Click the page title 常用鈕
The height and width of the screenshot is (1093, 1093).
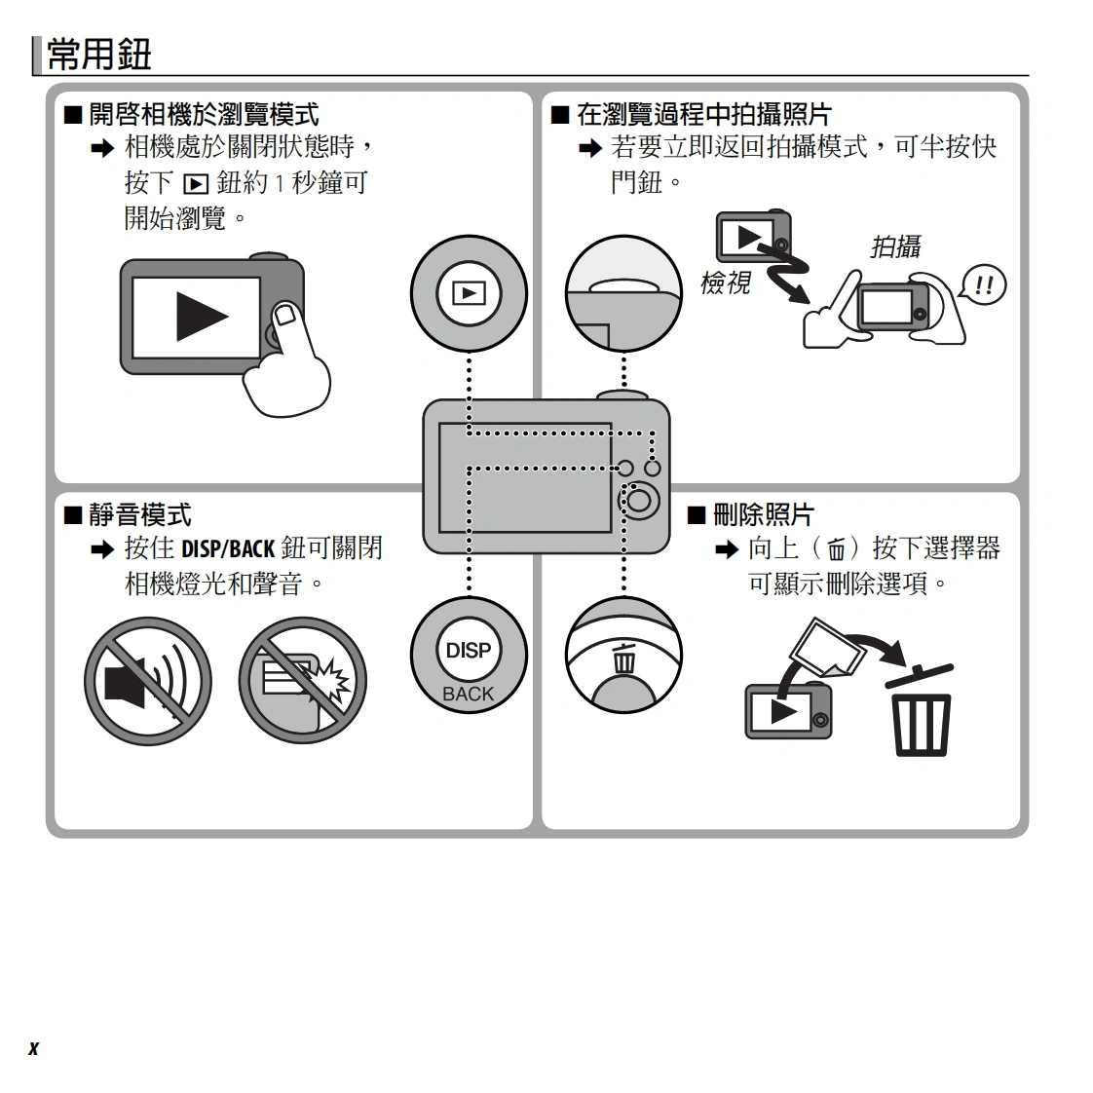[x=99, y=55]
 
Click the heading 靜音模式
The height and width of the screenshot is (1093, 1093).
[x=140, y=515]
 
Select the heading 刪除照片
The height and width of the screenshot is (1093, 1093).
[x=764, y=515]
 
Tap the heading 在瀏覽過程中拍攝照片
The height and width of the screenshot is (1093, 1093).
[x=704, y=114]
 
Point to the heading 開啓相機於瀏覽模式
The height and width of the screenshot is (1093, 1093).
[x=204, y=114]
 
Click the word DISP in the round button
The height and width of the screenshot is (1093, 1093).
[x=469, y=651]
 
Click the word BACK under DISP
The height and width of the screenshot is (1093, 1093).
[x=469, y=695]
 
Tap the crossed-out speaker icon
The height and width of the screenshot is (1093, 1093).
[x=148, y=680]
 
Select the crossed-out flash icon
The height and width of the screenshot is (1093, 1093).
[x=303, y=680]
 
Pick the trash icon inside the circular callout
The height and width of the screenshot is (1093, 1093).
[x=623, y=660]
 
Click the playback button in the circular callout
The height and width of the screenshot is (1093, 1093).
[x=470, y=293]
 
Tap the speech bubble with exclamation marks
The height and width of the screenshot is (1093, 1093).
[x=984, y=285]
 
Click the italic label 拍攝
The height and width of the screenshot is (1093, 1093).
[x=895, y=246]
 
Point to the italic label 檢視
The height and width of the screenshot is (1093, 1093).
[x=725, y=283]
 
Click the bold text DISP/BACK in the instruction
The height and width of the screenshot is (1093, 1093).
[x=228, y=549]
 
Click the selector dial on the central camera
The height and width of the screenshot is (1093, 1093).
[x=639, y=500]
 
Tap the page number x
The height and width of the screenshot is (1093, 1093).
[x=33, y=1047]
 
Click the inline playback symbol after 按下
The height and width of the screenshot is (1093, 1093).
[x=195, y=184]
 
